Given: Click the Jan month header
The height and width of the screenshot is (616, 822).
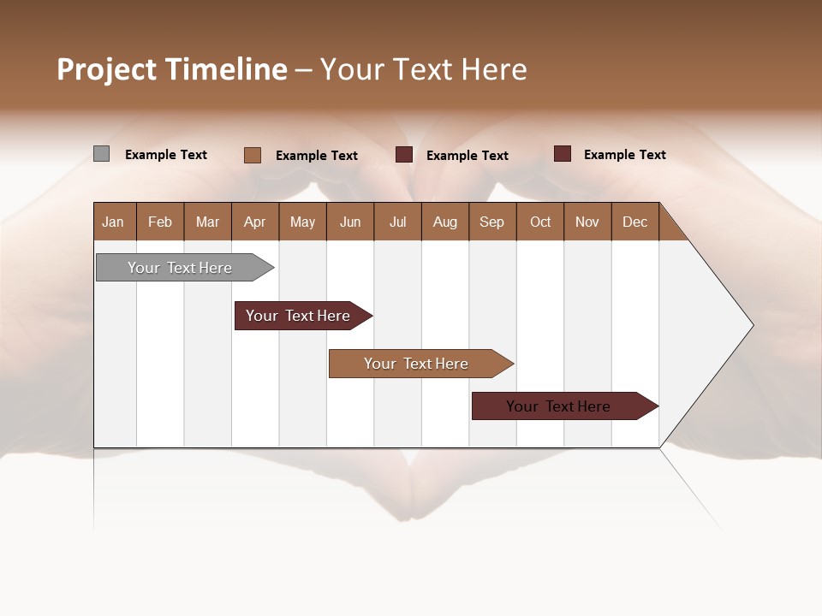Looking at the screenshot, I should pyautogui.click(x=113, y=222).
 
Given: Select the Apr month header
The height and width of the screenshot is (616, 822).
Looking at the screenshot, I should pyautogui.click(x=254, y=222).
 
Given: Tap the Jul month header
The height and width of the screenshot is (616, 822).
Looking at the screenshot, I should pyautogui.click(x=397, y=222).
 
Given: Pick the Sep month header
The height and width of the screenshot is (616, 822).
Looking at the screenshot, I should pyautogui.click(x=491, y=222).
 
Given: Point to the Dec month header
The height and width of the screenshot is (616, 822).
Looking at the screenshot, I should pyautogui.click(x=634, y=222).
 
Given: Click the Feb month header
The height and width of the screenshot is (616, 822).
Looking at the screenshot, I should pyautogui.click(x=160, y=222).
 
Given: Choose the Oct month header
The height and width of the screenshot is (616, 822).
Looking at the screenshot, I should pyautogui.click(x=540, y=222).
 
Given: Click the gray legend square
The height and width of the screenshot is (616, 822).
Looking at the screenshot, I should pyautogui.click(x=102, y=154).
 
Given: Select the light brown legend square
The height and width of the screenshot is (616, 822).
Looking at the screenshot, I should pyautogui.click(x=253, y=155).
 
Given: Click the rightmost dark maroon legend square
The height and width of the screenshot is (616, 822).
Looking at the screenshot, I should pyautogui.click(x=563, y=154).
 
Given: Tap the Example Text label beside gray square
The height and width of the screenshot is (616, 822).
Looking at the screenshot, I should pyautogui.click(x=166, y=155).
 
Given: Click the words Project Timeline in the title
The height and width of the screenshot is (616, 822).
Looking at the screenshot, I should pyautogui.click(x=171, y=69).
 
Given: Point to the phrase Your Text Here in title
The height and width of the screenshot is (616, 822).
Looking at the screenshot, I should pyautogui.click(x=423, y=69).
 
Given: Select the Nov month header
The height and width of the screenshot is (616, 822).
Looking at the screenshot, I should pyautogui.click(x=587, y=222).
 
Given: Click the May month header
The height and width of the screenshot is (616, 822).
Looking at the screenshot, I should pyautogui.click(x=302, y=222).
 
